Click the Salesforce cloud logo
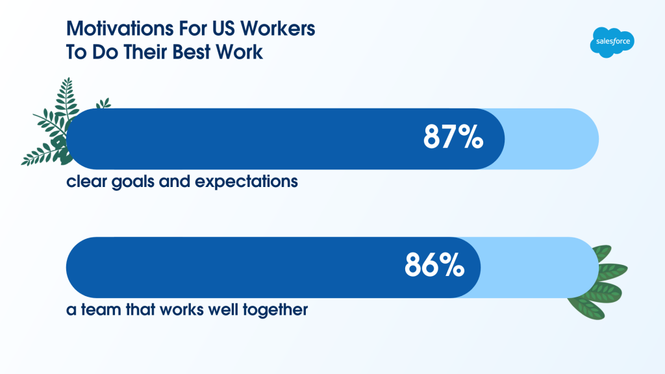pyautogui.click(x=612, y=42)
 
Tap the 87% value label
pyautogui.click(x=453, y=136)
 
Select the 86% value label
pyautogui.click(x=434, y=265)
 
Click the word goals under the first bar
pyautogui.click(x=132, y=182)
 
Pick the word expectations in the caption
pyautogui.click(x=246, y=182)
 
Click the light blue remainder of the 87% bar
pyautogui.click(x=551, y=139)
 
